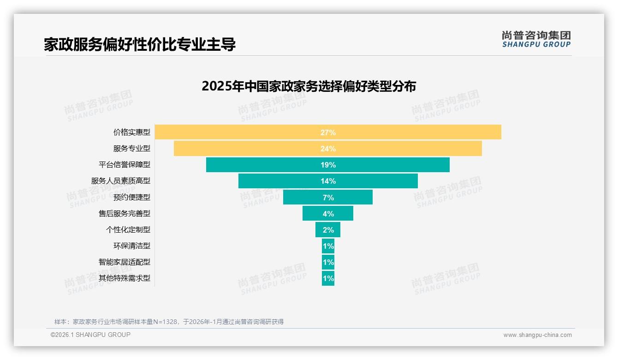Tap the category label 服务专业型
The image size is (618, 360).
(132, 149)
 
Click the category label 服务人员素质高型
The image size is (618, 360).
(121, 181)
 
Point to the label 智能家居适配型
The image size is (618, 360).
(125, 262)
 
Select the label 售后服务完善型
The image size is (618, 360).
(125, 214)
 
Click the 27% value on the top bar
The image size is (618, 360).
(328, 132)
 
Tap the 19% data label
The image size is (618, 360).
(328, 165)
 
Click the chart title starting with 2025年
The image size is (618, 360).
(309, 86)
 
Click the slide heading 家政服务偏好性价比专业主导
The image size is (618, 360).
(140, 44)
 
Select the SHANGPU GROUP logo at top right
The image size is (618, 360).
(536, 39)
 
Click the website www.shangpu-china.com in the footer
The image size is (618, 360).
(537, 335)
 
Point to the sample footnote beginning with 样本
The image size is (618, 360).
(169, 322)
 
